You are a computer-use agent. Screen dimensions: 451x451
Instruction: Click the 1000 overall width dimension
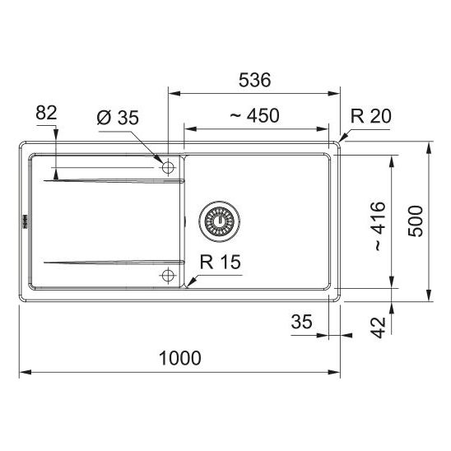click(180, 358)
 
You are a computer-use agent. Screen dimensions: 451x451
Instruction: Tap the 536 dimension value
click(255, 80)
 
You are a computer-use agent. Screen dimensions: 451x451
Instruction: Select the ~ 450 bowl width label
click(255, 115)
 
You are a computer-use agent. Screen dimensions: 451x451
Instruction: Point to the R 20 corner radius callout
click(371, 116)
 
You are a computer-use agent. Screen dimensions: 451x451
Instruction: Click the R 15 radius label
click(221, 262)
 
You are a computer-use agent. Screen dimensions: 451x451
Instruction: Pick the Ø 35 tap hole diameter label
click(118, 118)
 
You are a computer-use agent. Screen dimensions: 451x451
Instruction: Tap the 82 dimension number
click(46, 113)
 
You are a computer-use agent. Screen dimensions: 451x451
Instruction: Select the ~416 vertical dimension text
click(380, 226)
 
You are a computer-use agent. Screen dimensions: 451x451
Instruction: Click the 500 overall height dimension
click(416, 221)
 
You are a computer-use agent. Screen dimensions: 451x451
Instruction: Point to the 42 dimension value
click(378, 328)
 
